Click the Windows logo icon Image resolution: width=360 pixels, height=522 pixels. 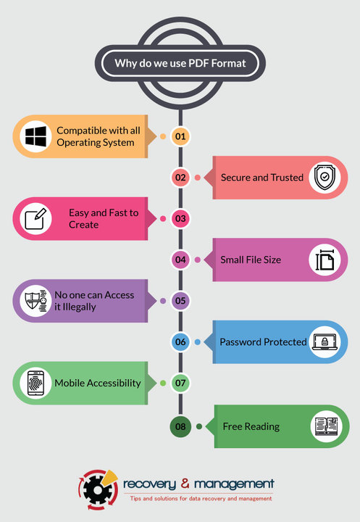click(x=35, y=136)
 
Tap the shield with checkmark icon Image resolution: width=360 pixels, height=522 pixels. click(x=325, y=178)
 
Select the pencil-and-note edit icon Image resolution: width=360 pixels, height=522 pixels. click(x=35, y=219)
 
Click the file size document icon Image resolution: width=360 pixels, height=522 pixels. click(x=325, y=260)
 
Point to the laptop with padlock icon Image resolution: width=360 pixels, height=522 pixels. click(x=325, y=341)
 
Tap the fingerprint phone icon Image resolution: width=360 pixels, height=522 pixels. click(x=35, y=383)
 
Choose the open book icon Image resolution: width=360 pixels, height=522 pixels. click(x=327, y=426)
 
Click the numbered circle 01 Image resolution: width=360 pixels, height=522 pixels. click(x=180, y=136)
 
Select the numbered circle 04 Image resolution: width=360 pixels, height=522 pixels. click(x=180, y=260)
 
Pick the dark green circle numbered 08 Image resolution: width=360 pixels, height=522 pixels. click(x=180, y=426)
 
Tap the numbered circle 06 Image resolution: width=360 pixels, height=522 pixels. click(x=180, y=342)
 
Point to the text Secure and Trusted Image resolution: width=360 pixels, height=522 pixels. click(x=262, y=178)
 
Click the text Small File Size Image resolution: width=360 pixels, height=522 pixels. click(x=251, y=260)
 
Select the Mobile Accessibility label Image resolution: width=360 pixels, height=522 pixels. click(x=98, y=384)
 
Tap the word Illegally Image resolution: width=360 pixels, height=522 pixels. click(x=79, y=307)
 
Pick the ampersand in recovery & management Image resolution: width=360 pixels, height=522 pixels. click(x=185, y=483)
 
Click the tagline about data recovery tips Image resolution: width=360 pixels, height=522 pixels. click(x=201, y=499)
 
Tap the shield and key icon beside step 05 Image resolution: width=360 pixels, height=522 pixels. click(x=36, y=301)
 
